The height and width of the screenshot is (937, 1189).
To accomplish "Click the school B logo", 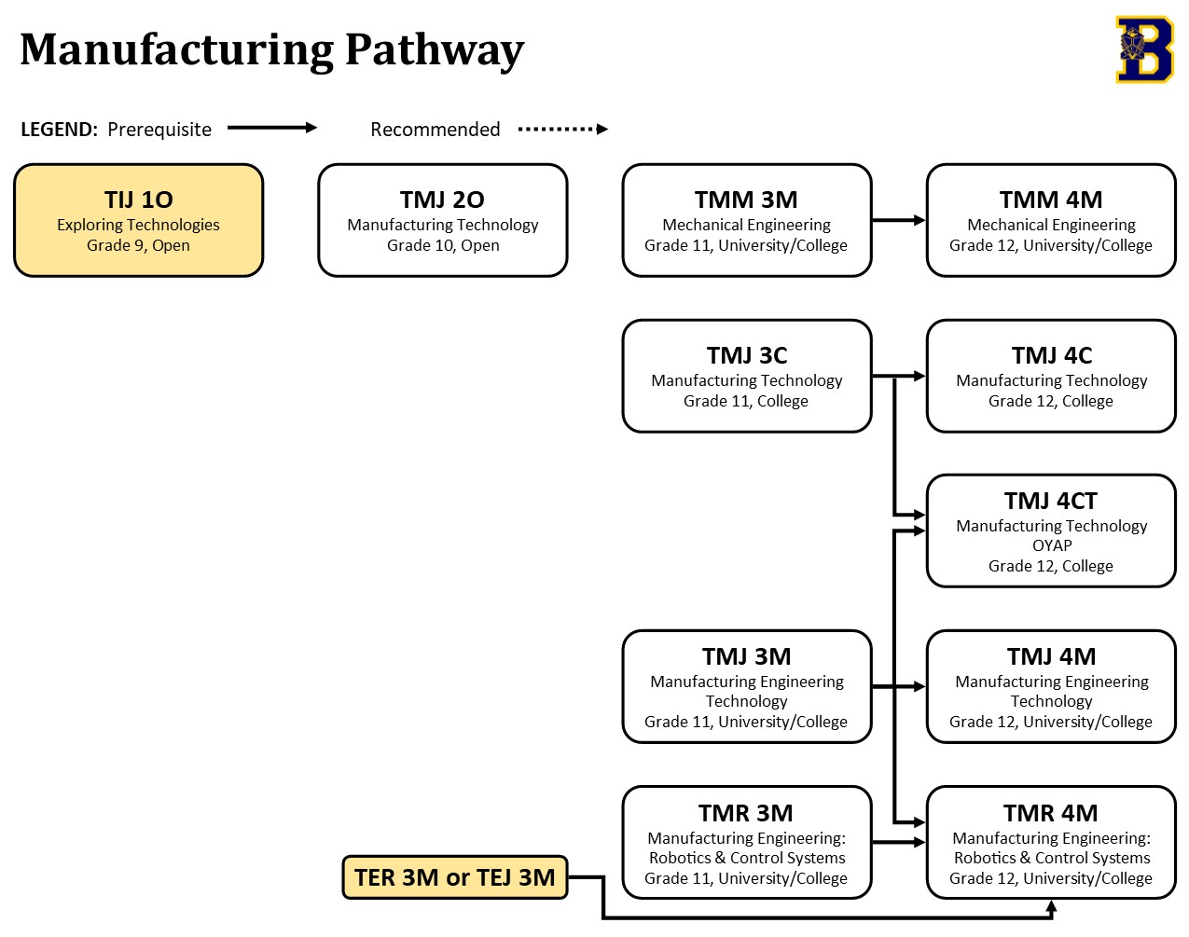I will (1143, 49).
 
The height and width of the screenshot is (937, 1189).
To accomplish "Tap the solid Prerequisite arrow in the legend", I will (272, 128).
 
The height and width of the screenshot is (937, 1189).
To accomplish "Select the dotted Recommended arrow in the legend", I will (562, 129).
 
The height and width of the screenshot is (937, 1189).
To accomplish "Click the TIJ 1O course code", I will (138, 200).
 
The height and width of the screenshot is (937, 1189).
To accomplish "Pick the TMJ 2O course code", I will (442, 200).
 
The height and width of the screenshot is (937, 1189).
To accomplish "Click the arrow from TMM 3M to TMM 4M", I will (898, 220).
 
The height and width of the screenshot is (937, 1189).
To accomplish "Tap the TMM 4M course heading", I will (1050, 200).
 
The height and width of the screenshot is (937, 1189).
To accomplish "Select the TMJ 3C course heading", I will (746, 355).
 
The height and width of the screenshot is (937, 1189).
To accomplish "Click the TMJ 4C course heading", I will (1051, 355).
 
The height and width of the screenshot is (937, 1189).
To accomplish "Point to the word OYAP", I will (1051, 545).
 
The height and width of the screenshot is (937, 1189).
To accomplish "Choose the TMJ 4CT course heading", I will (1050, 501).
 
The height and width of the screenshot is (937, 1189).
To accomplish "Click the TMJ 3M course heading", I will (746, 656).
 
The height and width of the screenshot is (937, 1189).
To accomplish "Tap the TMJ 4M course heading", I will (1051, 656).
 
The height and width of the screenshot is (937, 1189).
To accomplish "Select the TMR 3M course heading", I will (746, 813).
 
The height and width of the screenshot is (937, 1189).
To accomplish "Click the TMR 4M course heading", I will (1050, 813).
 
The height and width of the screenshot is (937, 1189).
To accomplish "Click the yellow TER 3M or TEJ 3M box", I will (455, 877).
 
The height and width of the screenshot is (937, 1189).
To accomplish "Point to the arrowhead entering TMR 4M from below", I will (1051, 905).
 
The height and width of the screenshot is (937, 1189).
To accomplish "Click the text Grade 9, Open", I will (138, 245).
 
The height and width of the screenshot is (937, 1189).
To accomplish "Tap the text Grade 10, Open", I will (443, 245).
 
